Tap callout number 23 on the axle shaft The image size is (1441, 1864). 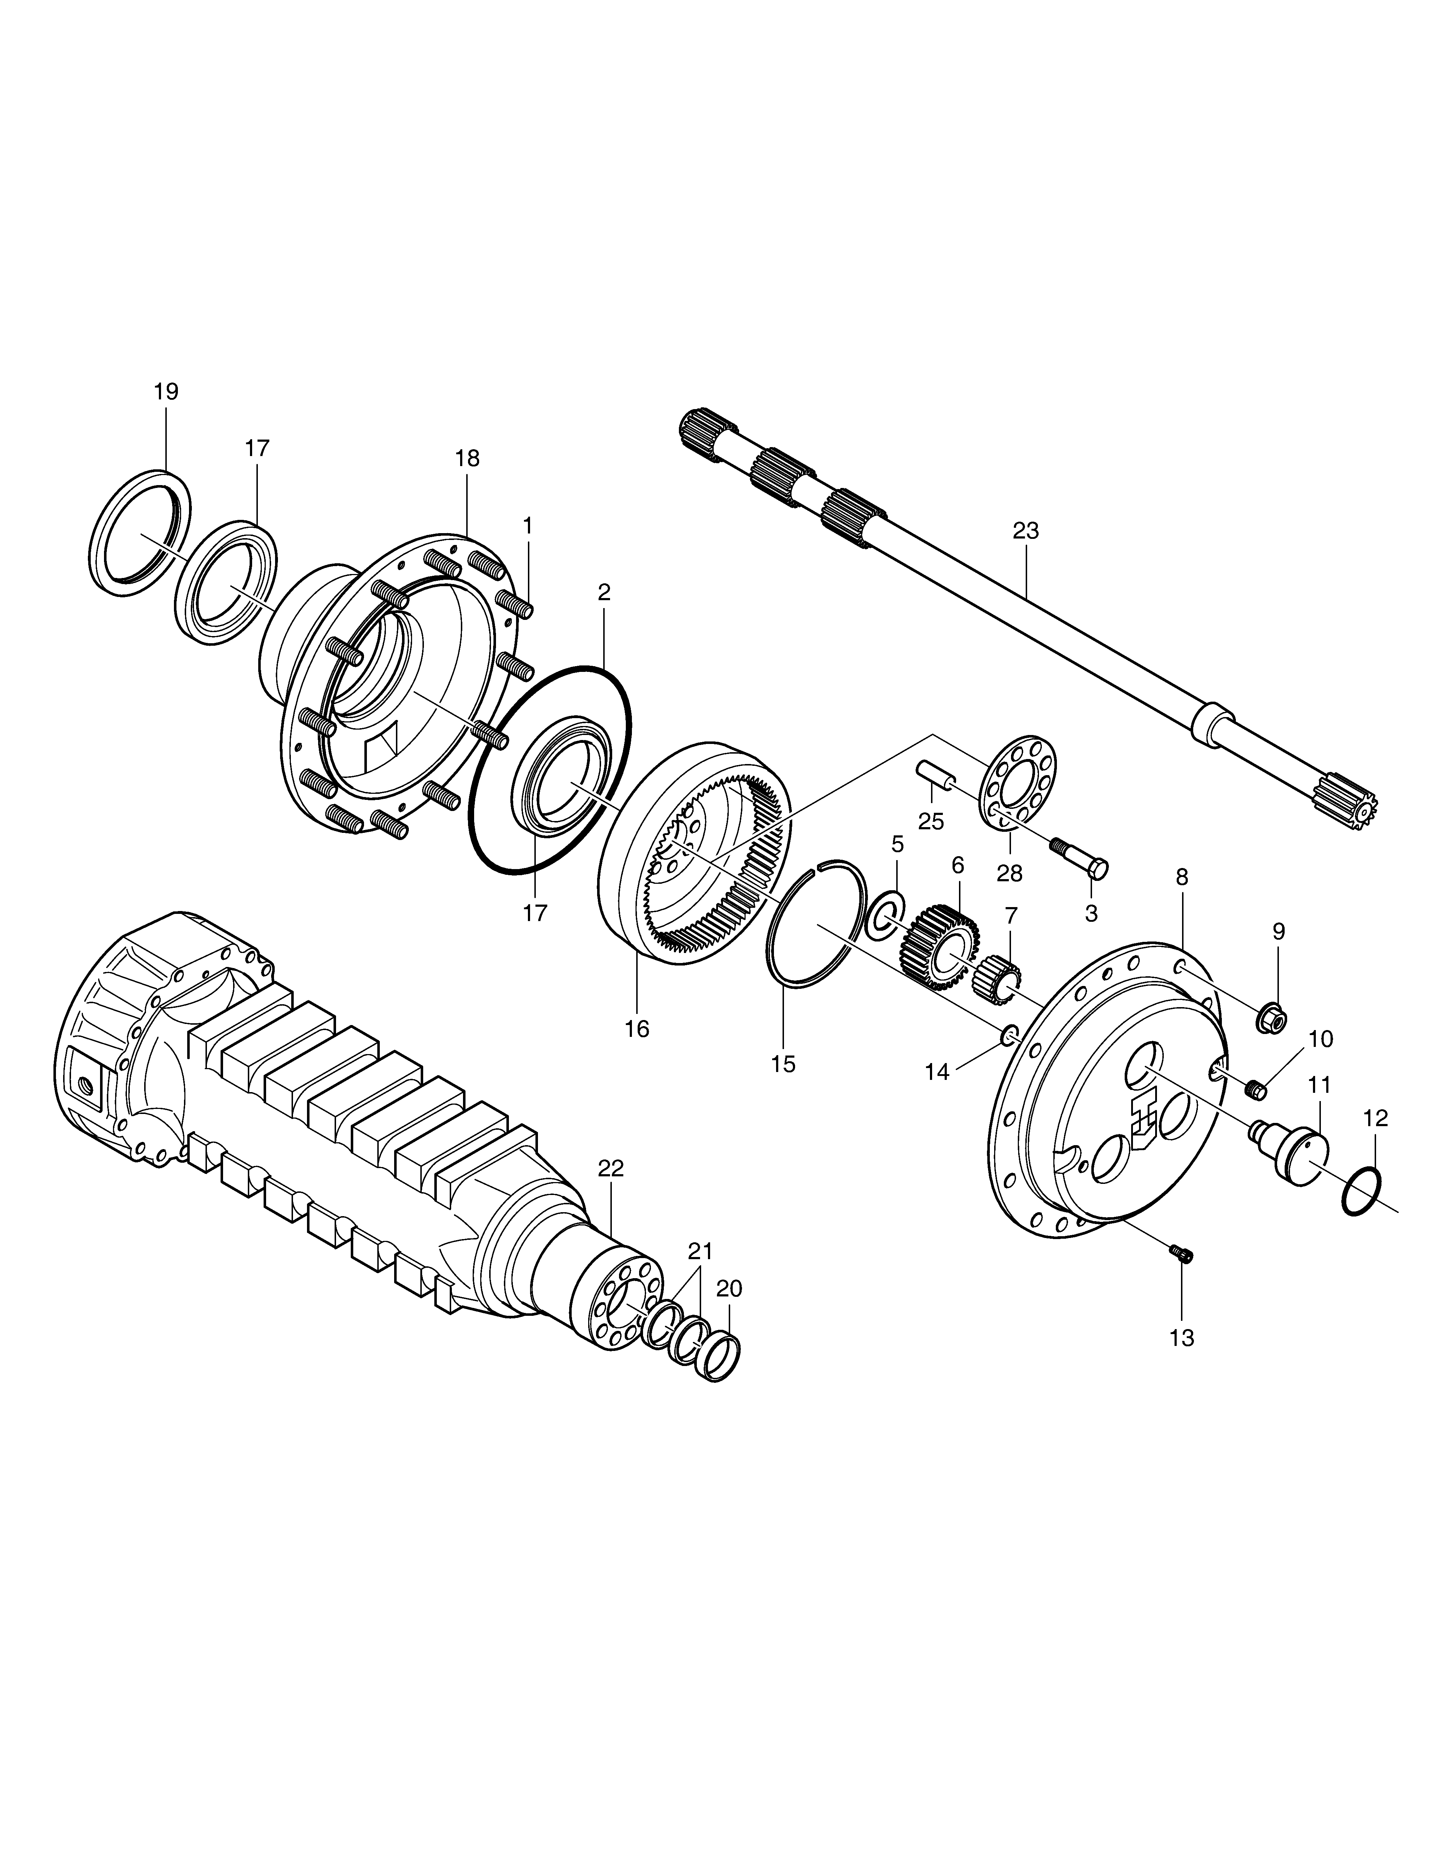click(x=1026, y=531)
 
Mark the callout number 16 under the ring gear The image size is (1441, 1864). click(x=637, y=1029)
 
